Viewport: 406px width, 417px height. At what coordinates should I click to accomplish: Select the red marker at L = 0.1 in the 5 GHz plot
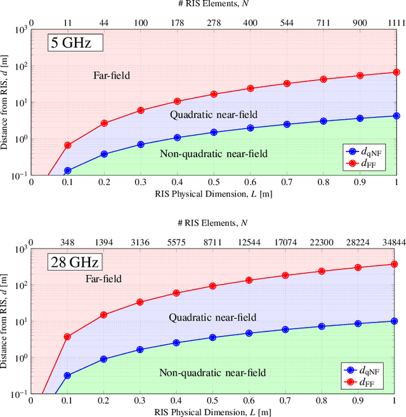tap(67, 145)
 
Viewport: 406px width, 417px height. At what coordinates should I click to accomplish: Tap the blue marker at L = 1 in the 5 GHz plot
tap(395, 116)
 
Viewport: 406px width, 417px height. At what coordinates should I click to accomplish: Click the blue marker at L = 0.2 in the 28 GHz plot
tap(104, 359)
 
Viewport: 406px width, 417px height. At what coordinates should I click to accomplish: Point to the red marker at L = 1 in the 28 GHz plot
tap(395, 264)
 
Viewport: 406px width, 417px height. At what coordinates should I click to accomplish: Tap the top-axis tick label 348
tap(67, 241)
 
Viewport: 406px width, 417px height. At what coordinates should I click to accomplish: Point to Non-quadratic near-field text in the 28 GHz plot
tap(213, 373)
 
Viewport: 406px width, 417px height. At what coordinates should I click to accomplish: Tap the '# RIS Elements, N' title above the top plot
tap(213, 6)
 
